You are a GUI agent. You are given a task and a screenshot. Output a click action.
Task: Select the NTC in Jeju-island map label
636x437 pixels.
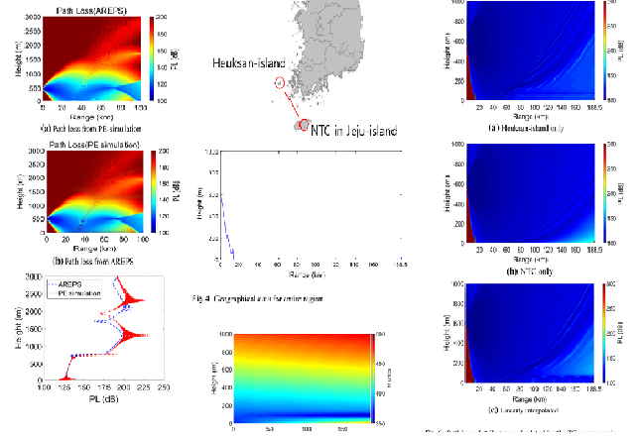click(x=353, y=126)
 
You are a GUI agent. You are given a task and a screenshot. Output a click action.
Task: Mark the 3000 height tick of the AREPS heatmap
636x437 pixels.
click(x=33, y=17)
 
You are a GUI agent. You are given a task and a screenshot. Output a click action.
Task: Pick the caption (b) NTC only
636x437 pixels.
click(x=517, y=270)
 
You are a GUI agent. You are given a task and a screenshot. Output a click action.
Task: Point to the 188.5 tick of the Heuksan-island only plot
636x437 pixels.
click(x=593, y=115)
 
